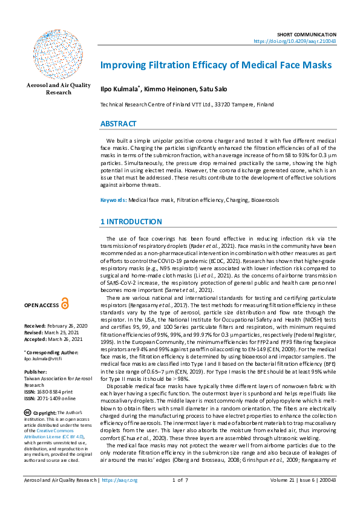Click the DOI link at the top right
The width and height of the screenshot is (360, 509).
[x=303, y=42]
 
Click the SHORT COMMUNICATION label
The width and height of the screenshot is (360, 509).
[x=315, y=35]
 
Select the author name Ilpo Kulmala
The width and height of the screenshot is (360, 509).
[x=119, y=89]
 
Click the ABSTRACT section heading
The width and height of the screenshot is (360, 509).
[x=119, y=124]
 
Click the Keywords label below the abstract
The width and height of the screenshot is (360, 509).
[x=113, y=199]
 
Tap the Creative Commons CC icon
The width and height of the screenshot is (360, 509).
[x=28, y=412]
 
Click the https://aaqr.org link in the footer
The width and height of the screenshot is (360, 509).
[x=120, y=498]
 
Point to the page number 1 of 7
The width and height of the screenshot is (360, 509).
[x=181, y=498]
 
